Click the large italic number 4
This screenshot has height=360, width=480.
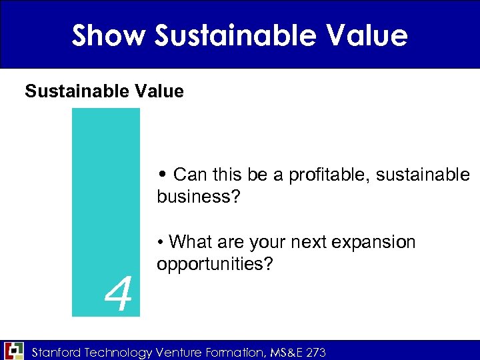click(x=118, y=296)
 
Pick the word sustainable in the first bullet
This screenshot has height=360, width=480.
click(x=423, y=175)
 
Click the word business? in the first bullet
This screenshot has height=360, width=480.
click(x=193, y=197)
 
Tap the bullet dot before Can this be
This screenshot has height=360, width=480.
click(x=163, y=175)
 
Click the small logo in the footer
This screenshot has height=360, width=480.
click(x=13, y=350)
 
